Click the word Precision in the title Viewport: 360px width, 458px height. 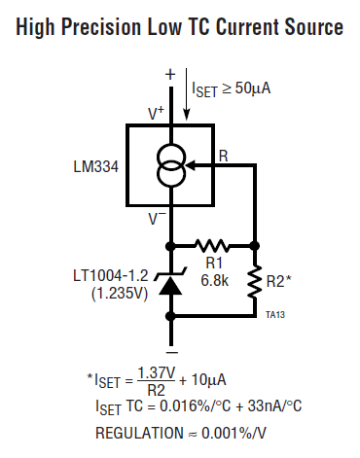point(101,26)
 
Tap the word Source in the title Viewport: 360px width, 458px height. point(313,26)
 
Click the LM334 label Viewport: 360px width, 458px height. point(96,167)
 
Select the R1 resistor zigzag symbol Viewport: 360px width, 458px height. point(212,246)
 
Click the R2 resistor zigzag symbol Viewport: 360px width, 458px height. point(255,281)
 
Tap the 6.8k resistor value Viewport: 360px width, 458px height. point(215,280)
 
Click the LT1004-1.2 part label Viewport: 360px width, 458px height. point(111,276)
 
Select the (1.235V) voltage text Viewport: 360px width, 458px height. point(120,294)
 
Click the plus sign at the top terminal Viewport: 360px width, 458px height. point(170,75)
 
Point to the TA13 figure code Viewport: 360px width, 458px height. point(275,315)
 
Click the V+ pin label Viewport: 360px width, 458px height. point(156,114)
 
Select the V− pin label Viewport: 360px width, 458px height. point(157,218)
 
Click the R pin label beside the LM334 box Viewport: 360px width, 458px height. point(224,157)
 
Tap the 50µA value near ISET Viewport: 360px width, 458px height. point(252,88)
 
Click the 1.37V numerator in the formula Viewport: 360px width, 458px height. point(157,372)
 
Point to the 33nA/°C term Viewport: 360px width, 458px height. point(274,405)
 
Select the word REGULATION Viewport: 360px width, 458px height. point(139,433)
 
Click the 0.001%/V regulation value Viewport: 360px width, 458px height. point(234,433)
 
